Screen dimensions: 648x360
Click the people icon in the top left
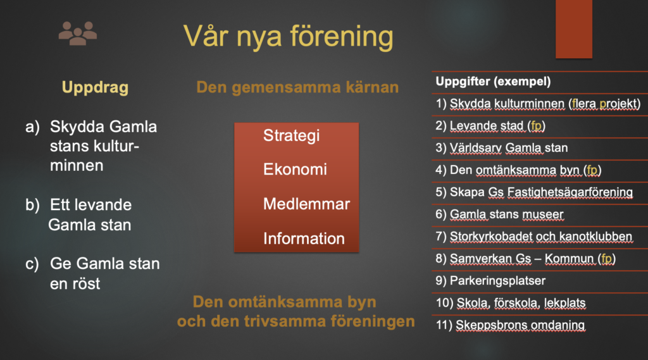click(x=78, y=33)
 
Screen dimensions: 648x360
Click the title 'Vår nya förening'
click(x=288, y=36)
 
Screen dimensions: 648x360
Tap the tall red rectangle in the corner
click(x=573, y=29)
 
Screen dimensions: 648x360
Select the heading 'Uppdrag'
click(x=95, y=87)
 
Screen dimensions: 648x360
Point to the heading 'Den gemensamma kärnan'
click(x=297, y=87)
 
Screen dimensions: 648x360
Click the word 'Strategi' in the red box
click(x=291, y=135)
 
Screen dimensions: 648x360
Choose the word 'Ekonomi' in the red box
click(x=295, y=169)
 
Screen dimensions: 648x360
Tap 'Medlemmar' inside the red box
click(x=307, y=204)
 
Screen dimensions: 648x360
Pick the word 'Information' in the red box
click(x=304, y=239)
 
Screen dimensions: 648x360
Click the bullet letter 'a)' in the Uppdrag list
click(x=33, y=127)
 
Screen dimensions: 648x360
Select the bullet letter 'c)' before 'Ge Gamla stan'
click(x=32, y=264)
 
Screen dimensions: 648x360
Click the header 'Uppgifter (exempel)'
click(x=493, y=82)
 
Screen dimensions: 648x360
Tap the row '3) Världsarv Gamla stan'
click(x=501, y=148)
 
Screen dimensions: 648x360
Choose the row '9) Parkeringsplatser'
click(x=490, y=281)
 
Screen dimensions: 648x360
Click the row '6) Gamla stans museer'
click(x=499, y=214)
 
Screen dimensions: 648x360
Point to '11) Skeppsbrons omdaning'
click(x=511, y=325)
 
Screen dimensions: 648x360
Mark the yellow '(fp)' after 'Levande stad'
click(x=537, y=126)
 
